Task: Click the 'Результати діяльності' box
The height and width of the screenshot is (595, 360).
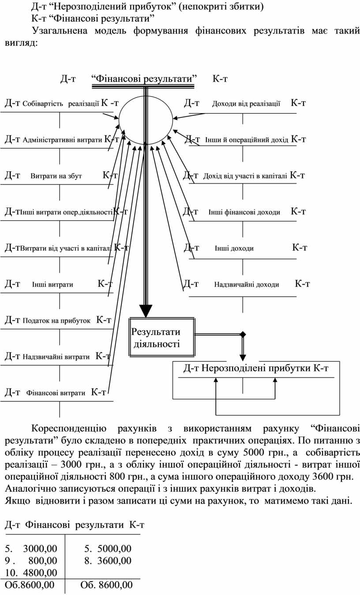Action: click(x=162, y=338)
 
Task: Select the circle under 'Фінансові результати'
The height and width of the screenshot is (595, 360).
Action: click(x=145, y=118)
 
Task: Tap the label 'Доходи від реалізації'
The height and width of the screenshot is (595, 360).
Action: click(x=246, y=104)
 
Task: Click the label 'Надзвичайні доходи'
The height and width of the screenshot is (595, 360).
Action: click(x=246, y=285)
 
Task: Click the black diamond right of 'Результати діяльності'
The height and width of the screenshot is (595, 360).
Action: click(x=242, y=335)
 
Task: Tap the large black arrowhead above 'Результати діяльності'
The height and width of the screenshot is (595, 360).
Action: click(x=146, y=310)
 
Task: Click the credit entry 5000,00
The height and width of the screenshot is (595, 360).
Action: click(x=114, y=549)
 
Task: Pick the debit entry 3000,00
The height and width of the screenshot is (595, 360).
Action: click(x=40, y=549)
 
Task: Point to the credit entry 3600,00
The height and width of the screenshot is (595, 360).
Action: click(x=114, y=561)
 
